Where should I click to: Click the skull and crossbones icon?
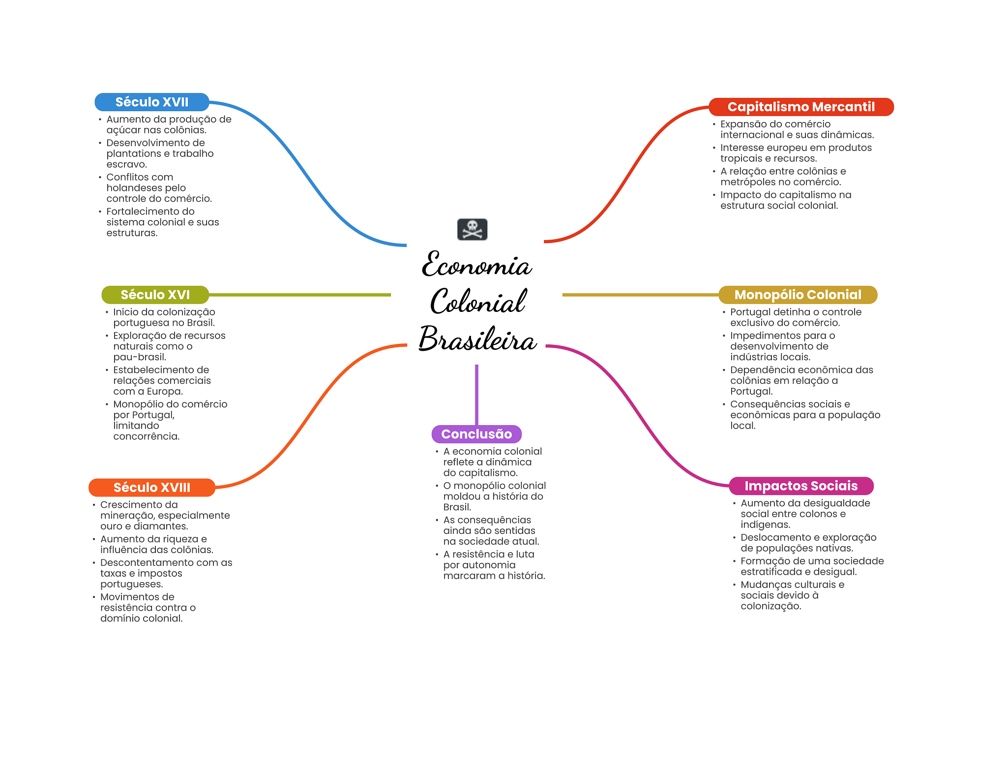click(x=472, y=229)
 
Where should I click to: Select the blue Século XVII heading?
click(x=151, y=102)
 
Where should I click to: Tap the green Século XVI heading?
click(x=155, y=295)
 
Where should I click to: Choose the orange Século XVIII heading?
click(x=151, y=488)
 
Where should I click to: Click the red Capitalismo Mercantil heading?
click(x=800, y=107)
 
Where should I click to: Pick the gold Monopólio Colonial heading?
click(x=798, y=295)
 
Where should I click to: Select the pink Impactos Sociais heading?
click(x=800, y=486)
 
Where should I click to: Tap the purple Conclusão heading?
click(x=476, y=434)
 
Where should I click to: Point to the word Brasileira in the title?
click(x=477, y=340)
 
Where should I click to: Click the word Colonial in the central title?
click(x=478, y=302)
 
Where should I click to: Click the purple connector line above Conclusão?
click(x=476, y=394)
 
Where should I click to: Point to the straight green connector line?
click(x=300, y=295)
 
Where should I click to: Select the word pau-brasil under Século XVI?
click(x=139, y=357)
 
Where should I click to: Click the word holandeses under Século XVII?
click(x=146, y=188)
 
